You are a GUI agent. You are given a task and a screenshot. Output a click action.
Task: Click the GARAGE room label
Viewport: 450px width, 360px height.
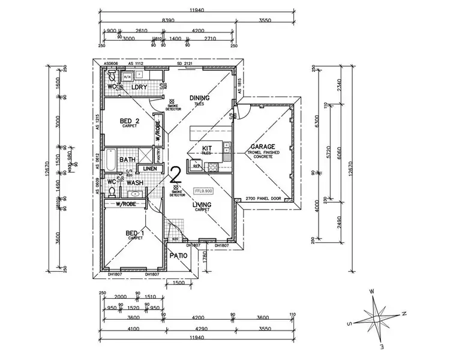click(x=263, y=146)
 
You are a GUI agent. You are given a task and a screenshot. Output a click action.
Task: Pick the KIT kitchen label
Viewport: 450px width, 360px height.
click(x=208, y=148)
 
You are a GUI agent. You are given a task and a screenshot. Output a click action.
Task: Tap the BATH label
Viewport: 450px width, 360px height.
click(x=127, y=160)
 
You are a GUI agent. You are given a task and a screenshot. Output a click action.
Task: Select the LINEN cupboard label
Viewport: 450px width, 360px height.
click(x=150, y=169)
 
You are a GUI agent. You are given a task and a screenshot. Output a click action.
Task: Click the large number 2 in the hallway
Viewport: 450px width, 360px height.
click(x=176, y=175)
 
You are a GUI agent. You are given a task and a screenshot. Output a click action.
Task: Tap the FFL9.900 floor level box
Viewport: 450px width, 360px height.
click(x=204, y=191)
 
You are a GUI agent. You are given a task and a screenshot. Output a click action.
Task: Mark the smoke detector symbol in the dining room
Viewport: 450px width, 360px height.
click(x=173, y=102)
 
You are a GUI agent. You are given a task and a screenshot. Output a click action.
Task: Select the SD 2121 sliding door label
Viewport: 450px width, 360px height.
click(x=184, y=62)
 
